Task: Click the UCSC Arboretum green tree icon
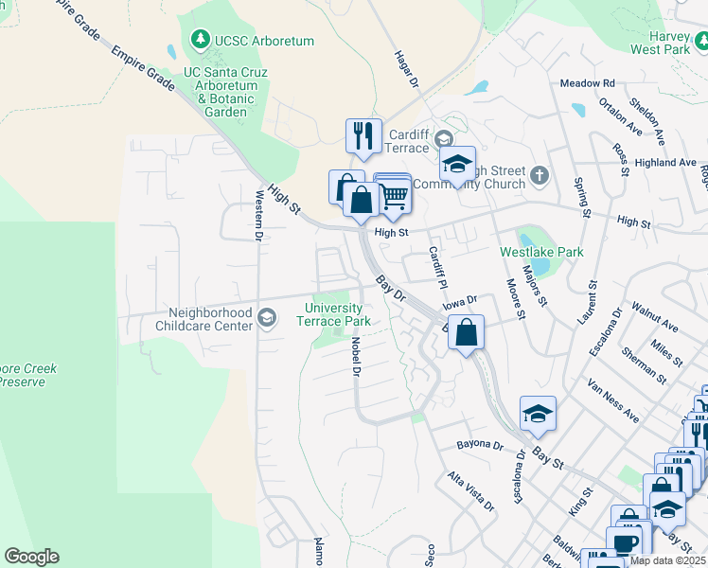[x=200, y=40]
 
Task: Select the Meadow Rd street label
[x=587, y=83]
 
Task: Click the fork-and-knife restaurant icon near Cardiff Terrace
[x=363, y=136]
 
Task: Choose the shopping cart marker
[x=395, y=196]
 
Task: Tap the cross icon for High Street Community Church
[x=540, y=175]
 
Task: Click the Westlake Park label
[x=541, y=252]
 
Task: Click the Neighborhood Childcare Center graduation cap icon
[x=267, y=318]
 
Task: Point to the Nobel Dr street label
[x=356, y=357]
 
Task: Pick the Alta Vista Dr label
[x=470, y=491]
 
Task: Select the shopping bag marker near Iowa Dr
[x=466, y=332]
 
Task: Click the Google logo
[x=31, y=557]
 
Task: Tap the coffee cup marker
[x=624, y=542]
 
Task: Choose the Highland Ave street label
[x=665, y=163]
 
